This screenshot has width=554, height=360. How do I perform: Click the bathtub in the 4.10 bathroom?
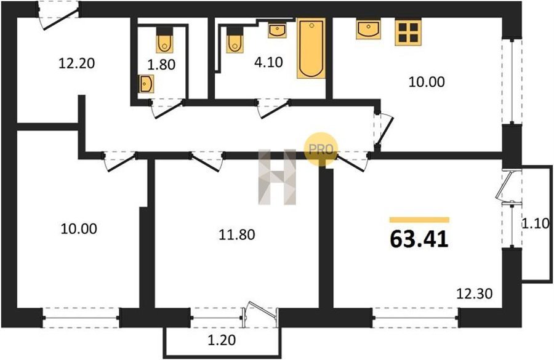pyautogui.click(x=311, y=48)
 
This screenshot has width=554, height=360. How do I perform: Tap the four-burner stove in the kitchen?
pyautogui.click(x=408, y=33)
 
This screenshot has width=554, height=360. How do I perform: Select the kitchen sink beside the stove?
pyautogui.click(x=369, y=29)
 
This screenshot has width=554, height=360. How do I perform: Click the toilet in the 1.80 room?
pyautogui.click(x=164, y=39)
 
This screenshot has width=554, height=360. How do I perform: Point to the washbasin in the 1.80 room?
pyautogui.click(x=146, y=84)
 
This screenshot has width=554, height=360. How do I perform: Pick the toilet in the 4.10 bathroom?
pyautogui.click(x=235, y=40)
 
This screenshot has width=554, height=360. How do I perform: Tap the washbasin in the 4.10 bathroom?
pyautogui.click(x=278, y=30)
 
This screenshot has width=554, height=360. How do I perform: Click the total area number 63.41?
pyautogui.click(x=419, y=239)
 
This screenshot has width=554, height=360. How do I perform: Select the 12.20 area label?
pyautogui.click(x=77, y=63)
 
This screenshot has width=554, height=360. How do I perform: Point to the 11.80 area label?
pyautogui.click(x=237, y=234)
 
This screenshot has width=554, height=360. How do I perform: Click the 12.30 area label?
pyautogui.click(x=475, y=293)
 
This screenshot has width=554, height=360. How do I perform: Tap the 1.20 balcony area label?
pyautogui.click(x=222, y=340)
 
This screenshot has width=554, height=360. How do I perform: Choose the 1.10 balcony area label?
pyautogui.click(x=536, y=223)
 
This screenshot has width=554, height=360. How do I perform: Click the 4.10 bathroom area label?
pyautogui.click(x=268, y=62)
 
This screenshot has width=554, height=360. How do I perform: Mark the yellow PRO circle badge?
pyautogui.click(x=321, y=149)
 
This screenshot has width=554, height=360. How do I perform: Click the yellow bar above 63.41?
pyautogui.click(x=419, y=220)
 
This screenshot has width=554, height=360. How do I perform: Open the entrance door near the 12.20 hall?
pyautogui.click(x=58, y=16)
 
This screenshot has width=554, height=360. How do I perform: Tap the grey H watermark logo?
pyautogui.click(x=277, y=177)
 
